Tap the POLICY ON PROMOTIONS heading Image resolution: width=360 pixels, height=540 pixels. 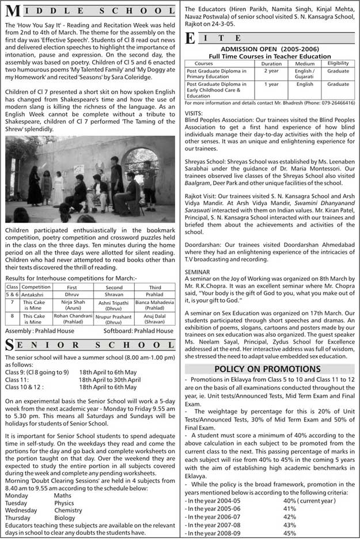(x=267, y=368)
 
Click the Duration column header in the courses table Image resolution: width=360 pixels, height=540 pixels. (x=271, y=63)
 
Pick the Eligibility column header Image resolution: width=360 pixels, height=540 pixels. (x=338, y=63)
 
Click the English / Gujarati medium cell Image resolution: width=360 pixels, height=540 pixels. (x=305, y=74)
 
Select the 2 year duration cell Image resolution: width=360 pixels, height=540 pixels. (x=271, y=71)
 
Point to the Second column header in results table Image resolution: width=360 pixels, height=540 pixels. (x=114, y=286)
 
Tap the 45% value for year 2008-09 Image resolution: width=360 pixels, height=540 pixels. (x=289, y=533)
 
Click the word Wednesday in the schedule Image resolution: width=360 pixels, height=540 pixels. (x=21, y=511)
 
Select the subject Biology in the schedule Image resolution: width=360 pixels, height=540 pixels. (x=65, y=518)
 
